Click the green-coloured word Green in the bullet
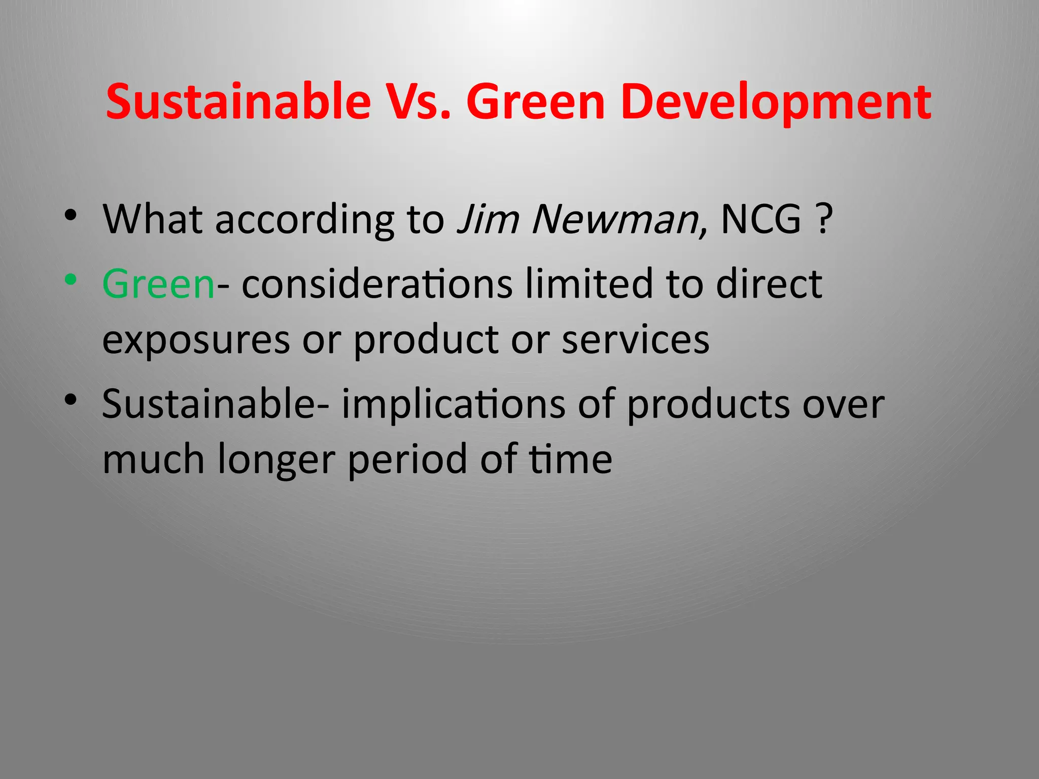click(158, 284)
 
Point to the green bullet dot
click(71, 279)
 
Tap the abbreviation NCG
click(760, 219)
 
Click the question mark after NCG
click(824, 219)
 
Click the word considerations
click(377, 284)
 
